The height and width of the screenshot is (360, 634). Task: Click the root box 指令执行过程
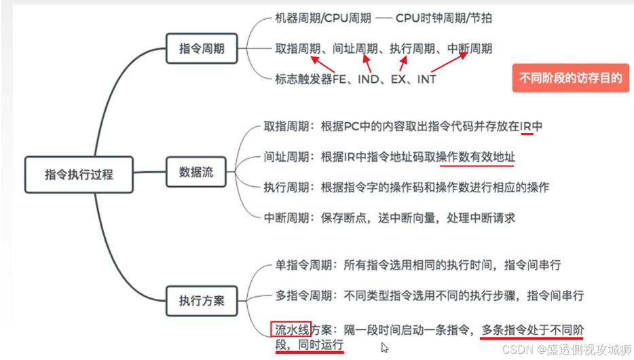79,175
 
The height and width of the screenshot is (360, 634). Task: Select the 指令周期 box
202,49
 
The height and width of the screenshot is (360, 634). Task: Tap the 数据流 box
196,172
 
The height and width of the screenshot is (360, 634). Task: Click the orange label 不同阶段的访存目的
570,78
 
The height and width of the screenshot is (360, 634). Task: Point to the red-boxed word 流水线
291,330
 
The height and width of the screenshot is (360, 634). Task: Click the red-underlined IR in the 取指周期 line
526,126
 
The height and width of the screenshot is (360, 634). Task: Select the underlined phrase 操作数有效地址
477,157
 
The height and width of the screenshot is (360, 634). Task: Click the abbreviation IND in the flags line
369,79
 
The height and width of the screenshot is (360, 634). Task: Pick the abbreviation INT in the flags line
426,79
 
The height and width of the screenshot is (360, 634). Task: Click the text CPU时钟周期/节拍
444,18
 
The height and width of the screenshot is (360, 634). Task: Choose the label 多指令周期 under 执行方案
295,296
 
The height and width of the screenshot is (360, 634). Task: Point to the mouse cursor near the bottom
385,348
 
